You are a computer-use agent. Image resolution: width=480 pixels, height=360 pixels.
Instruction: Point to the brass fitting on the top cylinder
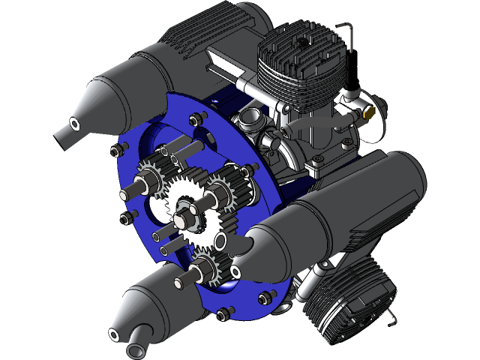click(x=368, y=114)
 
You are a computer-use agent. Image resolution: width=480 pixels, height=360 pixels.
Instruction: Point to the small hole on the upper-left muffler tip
click(x=76, y=122)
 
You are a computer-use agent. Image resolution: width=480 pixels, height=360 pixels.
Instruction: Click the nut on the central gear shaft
click(x=183, y=219)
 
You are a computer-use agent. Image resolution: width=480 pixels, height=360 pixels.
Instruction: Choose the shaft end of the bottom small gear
click(x=181, y=282)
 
